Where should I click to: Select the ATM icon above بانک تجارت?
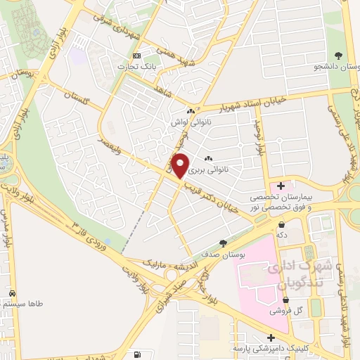[x=136, y=56]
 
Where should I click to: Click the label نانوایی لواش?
[x=190, y=121]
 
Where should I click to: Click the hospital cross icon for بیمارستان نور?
[x=281, y=186]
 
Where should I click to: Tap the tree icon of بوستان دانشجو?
[x=339, y=55]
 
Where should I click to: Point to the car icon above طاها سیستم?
[x=13, y=292]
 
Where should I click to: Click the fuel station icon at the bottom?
[x=134, y=354]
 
